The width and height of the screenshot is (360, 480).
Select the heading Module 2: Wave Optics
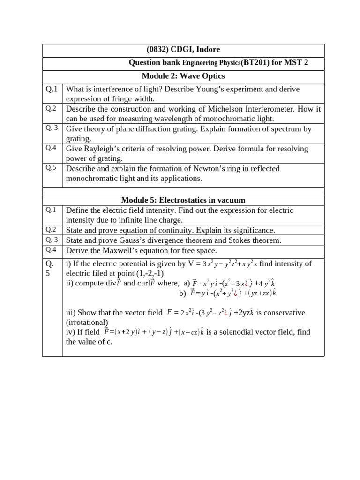click(183, 76)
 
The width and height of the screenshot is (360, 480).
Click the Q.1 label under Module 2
click(52, 89)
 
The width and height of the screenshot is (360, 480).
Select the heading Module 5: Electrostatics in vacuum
click(183, 200)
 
